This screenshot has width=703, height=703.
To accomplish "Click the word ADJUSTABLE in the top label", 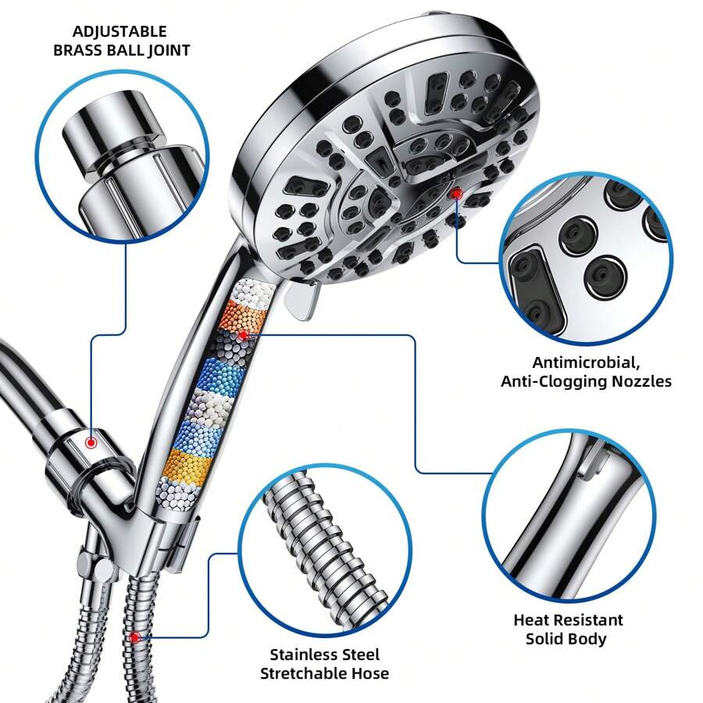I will click(120, 32).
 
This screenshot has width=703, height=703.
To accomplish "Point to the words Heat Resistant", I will click(568, 619).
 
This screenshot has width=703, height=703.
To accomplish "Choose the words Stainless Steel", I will click(324, 654).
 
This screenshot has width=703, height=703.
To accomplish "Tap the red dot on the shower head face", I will click(456, 193).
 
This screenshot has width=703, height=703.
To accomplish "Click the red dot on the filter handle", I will click(243, 334).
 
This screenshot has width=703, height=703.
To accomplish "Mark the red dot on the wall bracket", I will click(91, 442).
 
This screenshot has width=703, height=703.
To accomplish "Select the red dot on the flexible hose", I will click(135, 637).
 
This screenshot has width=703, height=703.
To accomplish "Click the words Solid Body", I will click(568, 638).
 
